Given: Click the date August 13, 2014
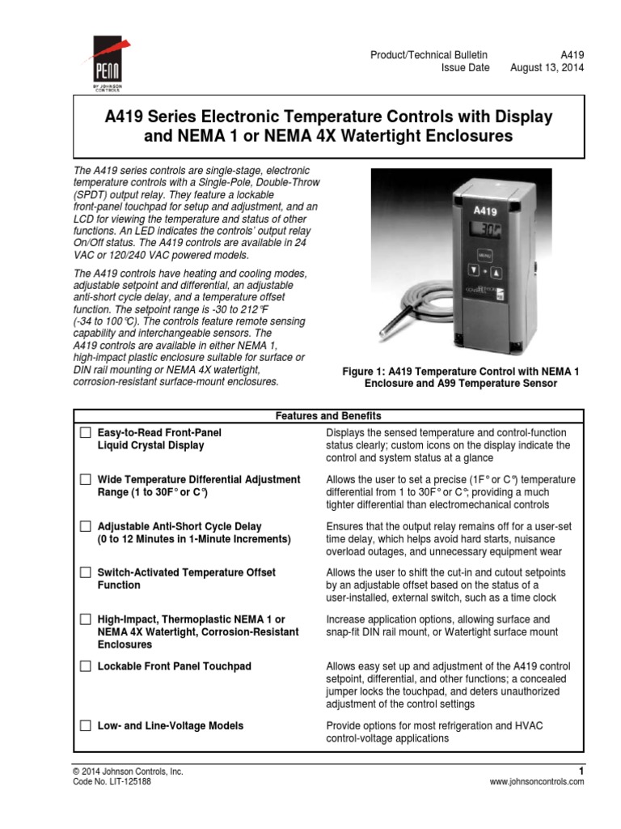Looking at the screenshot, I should pyautogui.click(x=547, y=68).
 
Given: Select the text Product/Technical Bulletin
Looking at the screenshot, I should pyautogui.click(x=429, y=53).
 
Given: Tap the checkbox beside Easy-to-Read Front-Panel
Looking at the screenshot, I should pyautogui.click(x=86, y=433).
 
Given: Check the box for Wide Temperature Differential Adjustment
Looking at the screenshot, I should pyautogui.click(x=86, y=480).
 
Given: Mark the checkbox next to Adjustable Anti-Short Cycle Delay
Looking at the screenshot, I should pyautogui.click(x=86, y=526).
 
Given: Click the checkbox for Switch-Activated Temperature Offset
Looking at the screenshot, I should pyautogui.click(x=86, y=572).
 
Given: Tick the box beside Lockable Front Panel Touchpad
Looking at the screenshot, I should pyautogui.click(x=86, y=666).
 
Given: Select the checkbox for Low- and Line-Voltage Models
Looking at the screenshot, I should pyautogui.click(x=86, y=725).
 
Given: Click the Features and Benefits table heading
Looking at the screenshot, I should pyautogui.click(x=328, y=415).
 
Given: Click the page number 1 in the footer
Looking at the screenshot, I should pyautogui.click(x=581, y=770).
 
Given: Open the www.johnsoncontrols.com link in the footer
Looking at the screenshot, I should pyautogui.click(x=536, y=782).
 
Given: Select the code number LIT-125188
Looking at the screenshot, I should pyautogui.click(x=130, y=782).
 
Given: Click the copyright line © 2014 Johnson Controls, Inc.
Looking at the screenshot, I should pyautogui.click(x=128, y=771).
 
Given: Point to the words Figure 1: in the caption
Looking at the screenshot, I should pyautogui.click(x=366, y=371).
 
